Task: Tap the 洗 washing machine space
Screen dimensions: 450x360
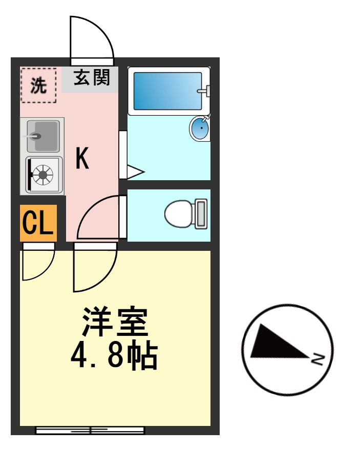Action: point(38,85)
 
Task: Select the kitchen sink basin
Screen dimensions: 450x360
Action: point(42,136)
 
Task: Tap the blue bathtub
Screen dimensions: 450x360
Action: point(167,91)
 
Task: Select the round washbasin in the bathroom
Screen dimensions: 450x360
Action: point(200,128)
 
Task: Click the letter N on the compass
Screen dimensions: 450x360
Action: point(317,359)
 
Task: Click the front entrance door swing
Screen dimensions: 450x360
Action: point(91,38)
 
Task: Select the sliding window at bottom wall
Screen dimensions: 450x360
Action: point(90,430)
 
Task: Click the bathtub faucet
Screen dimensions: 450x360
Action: point(204,91)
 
